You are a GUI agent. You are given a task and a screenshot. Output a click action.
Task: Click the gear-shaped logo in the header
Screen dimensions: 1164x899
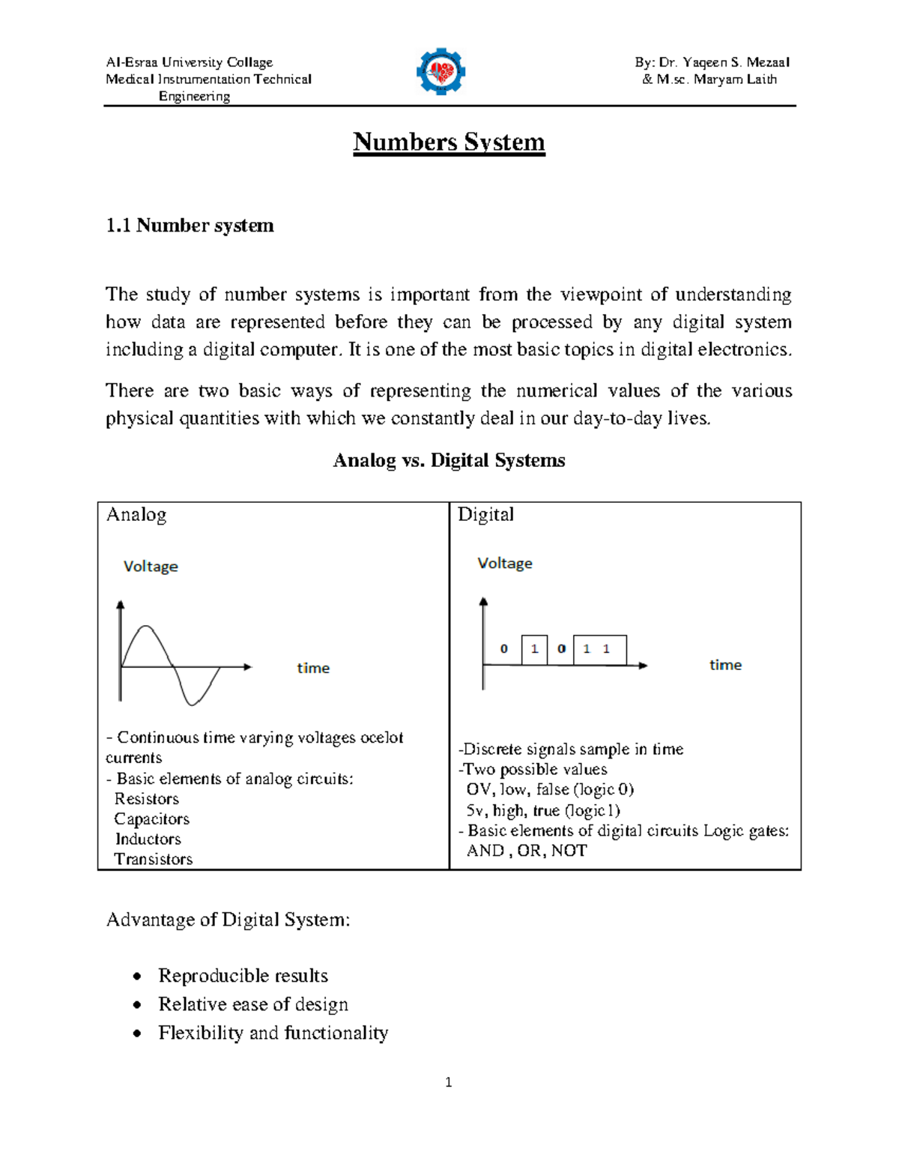[441, 72]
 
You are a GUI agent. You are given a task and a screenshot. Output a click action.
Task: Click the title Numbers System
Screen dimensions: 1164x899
[449, 142]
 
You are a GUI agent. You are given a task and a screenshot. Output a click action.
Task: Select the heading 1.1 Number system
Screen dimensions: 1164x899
[190, 226]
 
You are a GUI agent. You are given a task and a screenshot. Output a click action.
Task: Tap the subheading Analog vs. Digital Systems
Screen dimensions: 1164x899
[449, 460]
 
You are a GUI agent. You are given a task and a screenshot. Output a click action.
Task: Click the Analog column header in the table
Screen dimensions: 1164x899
[136, 515]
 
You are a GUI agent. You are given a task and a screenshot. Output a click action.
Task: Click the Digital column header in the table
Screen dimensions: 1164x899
[485, 515]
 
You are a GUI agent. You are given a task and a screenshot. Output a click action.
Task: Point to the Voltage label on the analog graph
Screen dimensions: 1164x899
[151, 567]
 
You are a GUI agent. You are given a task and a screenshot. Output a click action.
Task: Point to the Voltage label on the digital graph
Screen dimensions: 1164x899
[505, 564]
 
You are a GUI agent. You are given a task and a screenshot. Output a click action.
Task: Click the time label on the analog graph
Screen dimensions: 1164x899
[313, 668]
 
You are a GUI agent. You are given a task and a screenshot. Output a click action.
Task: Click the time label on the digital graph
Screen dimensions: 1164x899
[725, 665]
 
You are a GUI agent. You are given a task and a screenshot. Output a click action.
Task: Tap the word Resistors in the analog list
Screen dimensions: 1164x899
[147, 799]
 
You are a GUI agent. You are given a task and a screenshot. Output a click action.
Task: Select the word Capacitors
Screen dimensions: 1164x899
[151, 819]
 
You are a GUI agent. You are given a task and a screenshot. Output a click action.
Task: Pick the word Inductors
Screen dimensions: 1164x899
[148, 839]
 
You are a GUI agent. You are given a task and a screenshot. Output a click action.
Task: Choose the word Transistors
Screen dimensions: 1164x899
[154, 860]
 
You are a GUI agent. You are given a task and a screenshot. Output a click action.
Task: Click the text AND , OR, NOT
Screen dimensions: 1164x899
[527, 851]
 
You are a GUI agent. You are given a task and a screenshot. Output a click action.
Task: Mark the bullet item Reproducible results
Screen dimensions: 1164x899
[243, 976]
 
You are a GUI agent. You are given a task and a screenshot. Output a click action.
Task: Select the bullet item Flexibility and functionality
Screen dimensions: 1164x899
[273, 1033]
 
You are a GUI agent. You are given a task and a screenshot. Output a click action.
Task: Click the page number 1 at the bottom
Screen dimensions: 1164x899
[448, 1082]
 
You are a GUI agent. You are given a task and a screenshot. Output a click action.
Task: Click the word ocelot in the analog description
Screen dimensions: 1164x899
[381, 738]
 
